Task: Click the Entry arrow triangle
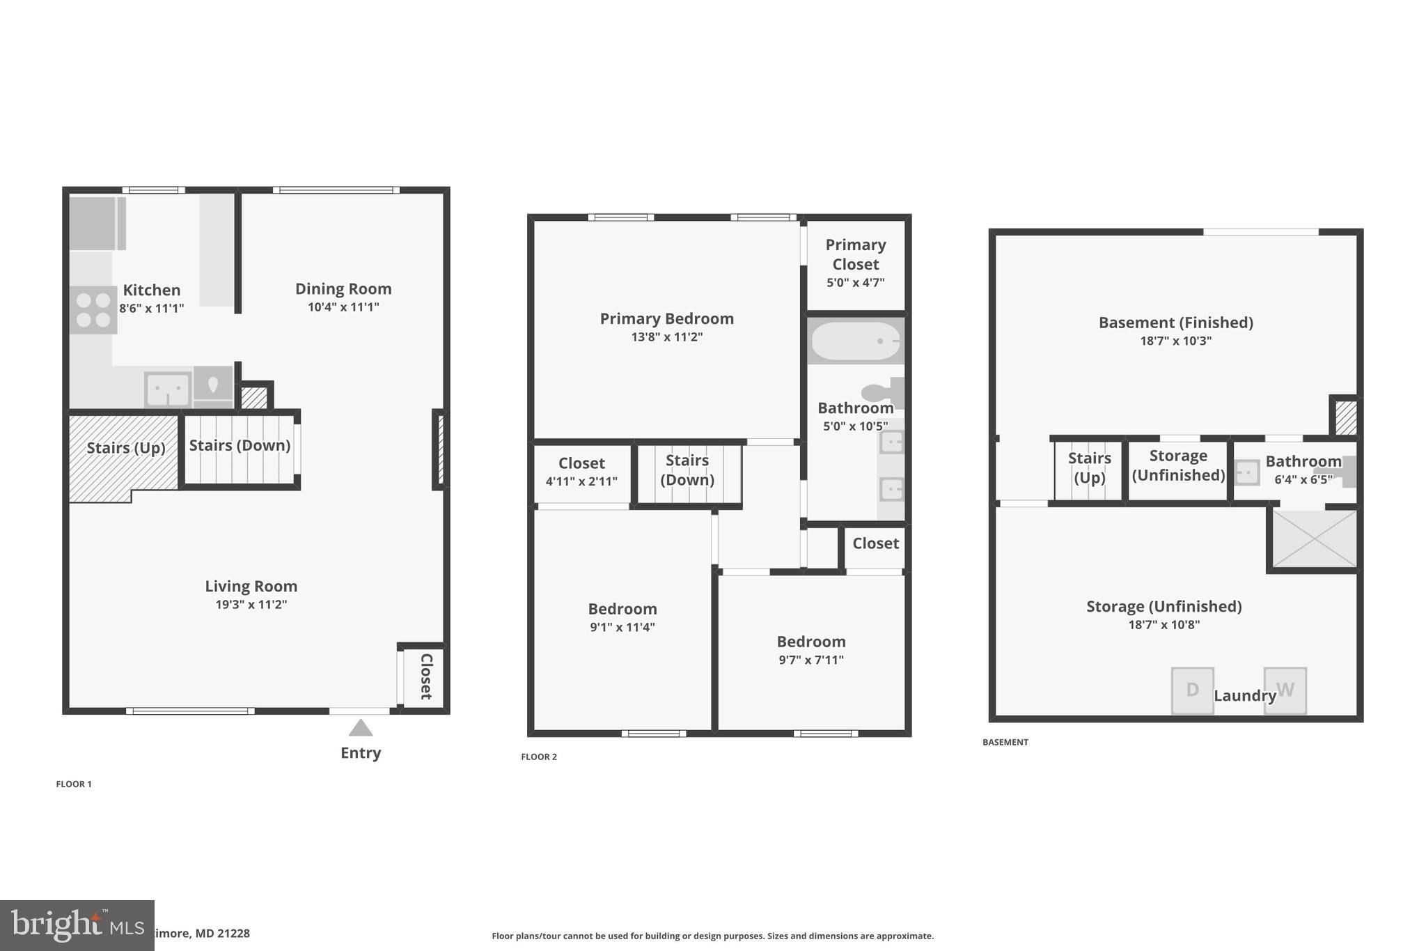click(x=361, y=728)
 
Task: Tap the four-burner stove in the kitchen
click(x=93, y=310)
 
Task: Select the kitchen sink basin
click(x=168, y=389)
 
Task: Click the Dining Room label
click(x=343, y=288)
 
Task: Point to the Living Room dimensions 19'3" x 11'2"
click(x=251, y=604)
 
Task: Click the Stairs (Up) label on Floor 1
click(x=126, y=447)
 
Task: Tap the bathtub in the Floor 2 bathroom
click(x=856, y=341)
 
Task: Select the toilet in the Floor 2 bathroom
click(x=882, y=393)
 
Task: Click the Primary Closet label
click(x=855, y=255)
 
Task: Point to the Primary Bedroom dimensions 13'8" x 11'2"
click(x=666, y=337)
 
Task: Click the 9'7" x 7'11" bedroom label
click(x=811, y=650)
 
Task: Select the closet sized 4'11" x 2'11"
click(x=581, y=472)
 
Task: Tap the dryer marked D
click(x=1192, y=690)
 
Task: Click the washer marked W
click(x=1285, y=690)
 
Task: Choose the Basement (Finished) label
click(x=1175, y=323)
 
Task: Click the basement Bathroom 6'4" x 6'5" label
click(x=1303, y=470)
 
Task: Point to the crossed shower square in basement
click(x=1314, y=539)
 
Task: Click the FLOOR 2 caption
click(x=539, y=757)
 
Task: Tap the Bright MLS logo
click(x=77, y=925)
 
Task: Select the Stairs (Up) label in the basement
click(x=1089, y=467)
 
